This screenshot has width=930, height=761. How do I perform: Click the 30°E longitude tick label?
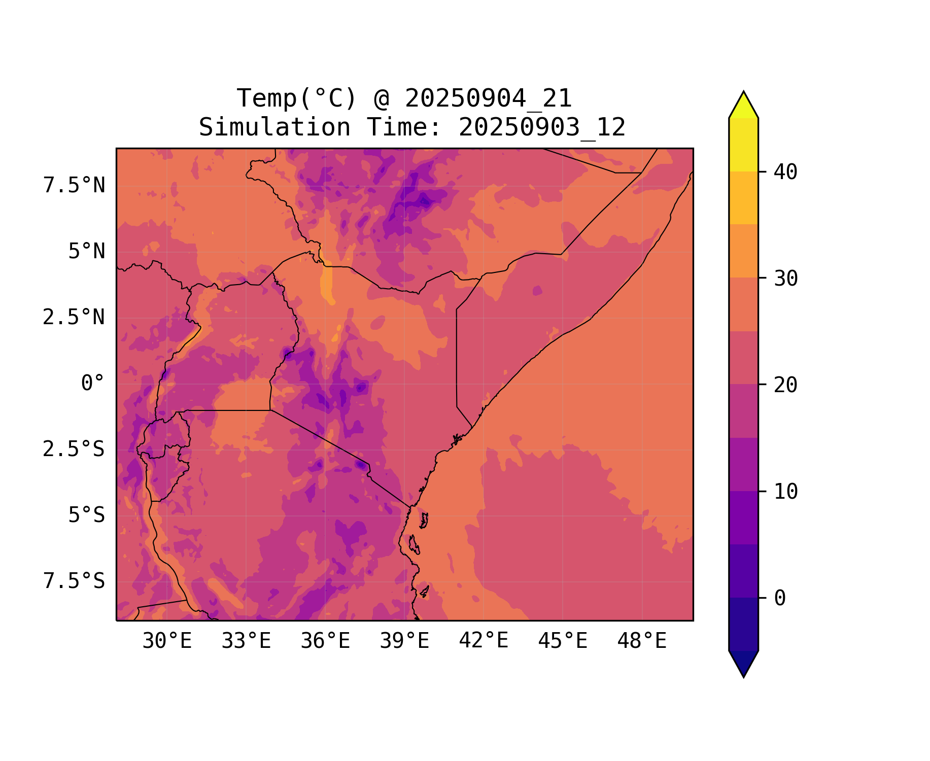[167, 641]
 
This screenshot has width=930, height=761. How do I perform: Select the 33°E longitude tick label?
[246, 641]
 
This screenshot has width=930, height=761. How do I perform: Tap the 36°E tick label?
[325, 641]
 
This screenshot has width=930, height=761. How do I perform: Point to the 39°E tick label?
[404, 641]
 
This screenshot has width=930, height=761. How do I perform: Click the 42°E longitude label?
[484, 641]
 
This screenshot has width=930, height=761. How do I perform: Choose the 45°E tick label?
[563, 641]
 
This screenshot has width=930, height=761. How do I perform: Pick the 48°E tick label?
[642, 641]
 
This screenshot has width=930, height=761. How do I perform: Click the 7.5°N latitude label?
[74, 186]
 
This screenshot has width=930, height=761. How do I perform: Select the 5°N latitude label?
[87, 252]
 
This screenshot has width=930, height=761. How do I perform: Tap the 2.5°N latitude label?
[74, 318]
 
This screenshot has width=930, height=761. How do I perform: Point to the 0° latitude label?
[93, 384]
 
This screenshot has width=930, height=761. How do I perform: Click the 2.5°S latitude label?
[74, 449]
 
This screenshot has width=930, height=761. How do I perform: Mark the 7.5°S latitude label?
[74, 581]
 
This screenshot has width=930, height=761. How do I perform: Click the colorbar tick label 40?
[785, 172]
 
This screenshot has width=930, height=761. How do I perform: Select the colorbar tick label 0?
[780, 599]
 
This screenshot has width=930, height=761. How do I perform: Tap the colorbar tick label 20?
[785, 385]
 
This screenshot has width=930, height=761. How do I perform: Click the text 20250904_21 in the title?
[488, 98]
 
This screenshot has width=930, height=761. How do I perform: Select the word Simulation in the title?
[274, 127]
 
